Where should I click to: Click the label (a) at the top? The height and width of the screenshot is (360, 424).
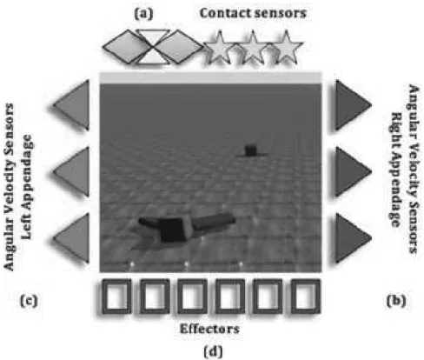click(x=143, y=14)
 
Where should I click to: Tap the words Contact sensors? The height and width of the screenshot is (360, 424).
click(x=253, y=13)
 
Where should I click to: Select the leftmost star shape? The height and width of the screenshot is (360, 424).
click(x=219, y=47)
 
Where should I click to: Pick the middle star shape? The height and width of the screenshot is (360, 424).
click(x=253, y=47)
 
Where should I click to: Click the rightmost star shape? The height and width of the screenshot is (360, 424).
click(x=286, y=47)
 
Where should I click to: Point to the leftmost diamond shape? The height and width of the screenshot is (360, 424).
click(x=124, y=46)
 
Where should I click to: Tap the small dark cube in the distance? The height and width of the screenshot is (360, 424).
click(x=250, y=150)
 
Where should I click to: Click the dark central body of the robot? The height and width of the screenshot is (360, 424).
click(x=173, y=230)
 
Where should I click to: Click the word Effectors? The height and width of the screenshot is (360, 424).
click(x=209, y=329)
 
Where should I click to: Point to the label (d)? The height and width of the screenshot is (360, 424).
click(x=214, y=351)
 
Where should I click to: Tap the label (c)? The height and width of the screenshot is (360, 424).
click(x=29, y=301)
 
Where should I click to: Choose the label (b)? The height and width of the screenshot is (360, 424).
click(x=396, y=301)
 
